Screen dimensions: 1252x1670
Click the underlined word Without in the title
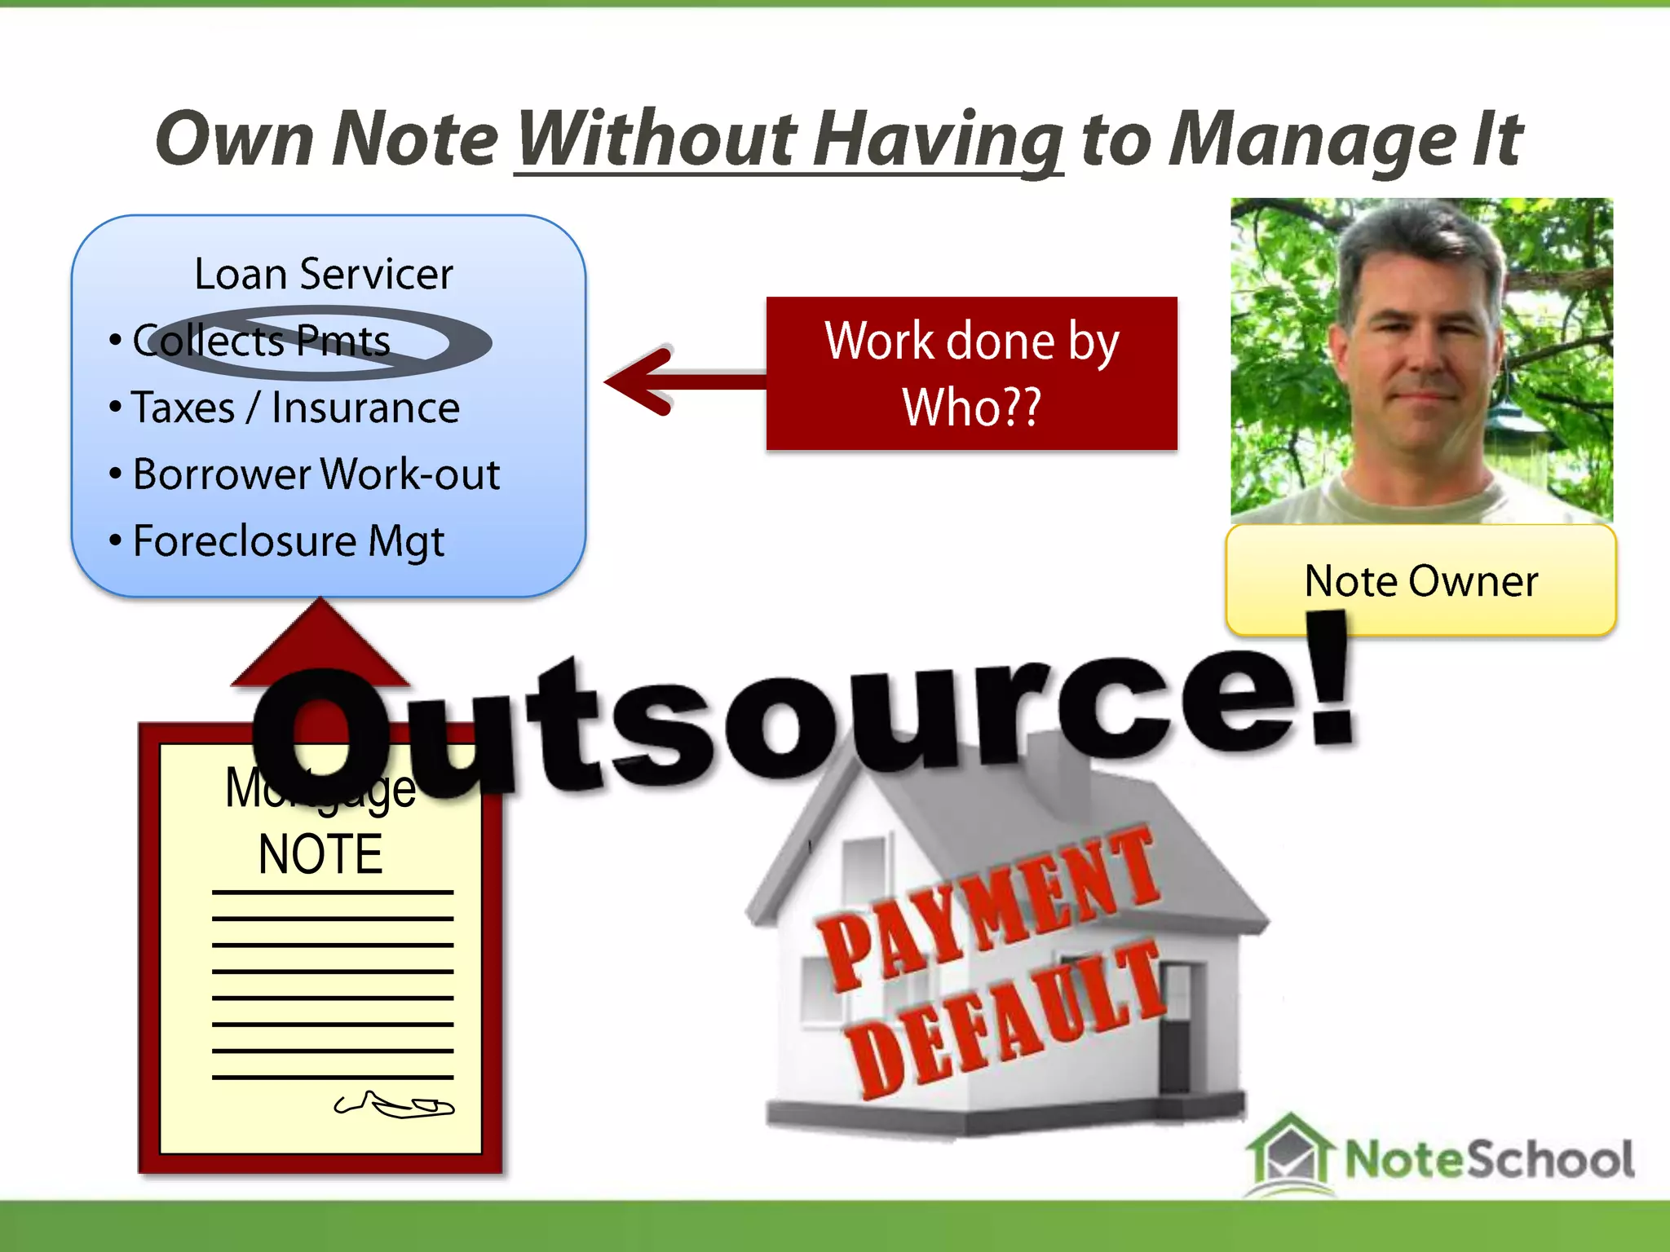[x=656, y=140]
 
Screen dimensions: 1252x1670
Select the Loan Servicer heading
[x=323, y=274]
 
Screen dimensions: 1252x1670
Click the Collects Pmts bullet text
[x=261, y=341]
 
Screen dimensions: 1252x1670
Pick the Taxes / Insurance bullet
[x=295, y=408]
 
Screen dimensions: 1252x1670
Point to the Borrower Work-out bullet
[x=316, y=474]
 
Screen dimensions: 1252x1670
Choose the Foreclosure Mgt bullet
[x=288, y=541]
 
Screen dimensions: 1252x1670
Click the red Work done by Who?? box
[x=971, y=373]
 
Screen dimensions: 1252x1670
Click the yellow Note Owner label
[x=1420, y=581]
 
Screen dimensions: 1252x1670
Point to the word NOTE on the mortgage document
[x=320, y=855]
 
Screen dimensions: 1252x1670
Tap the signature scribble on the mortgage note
[x=394, y=1105]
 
